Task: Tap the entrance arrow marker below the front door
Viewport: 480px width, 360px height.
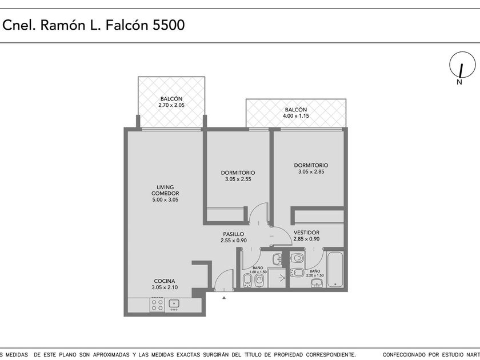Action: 224,297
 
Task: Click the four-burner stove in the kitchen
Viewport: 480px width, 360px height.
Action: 157,305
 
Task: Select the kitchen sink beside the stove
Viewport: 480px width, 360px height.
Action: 174,305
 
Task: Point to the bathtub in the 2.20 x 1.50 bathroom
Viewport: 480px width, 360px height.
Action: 335,269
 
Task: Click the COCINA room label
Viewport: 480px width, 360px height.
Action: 165,281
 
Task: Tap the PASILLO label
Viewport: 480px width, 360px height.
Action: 234,234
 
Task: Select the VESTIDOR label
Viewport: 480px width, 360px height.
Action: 306,233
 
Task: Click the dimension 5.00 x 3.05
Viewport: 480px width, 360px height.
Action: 165,200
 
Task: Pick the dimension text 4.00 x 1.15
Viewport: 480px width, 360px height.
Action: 296,116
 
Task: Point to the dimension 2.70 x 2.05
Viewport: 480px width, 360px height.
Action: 171,105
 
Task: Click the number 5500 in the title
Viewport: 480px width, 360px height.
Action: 169,25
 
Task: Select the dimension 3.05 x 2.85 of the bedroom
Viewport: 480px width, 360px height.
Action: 311,172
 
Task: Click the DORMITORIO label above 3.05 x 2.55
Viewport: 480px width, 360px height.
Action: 238,173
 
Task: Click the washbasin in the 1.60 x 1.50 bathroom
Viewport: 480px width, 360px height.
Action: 278,259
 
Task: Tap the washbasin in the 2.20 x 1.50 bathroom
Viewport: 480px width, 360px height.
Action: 317,283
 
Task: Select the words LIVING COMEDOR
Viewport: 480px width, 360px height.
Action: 165,190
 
